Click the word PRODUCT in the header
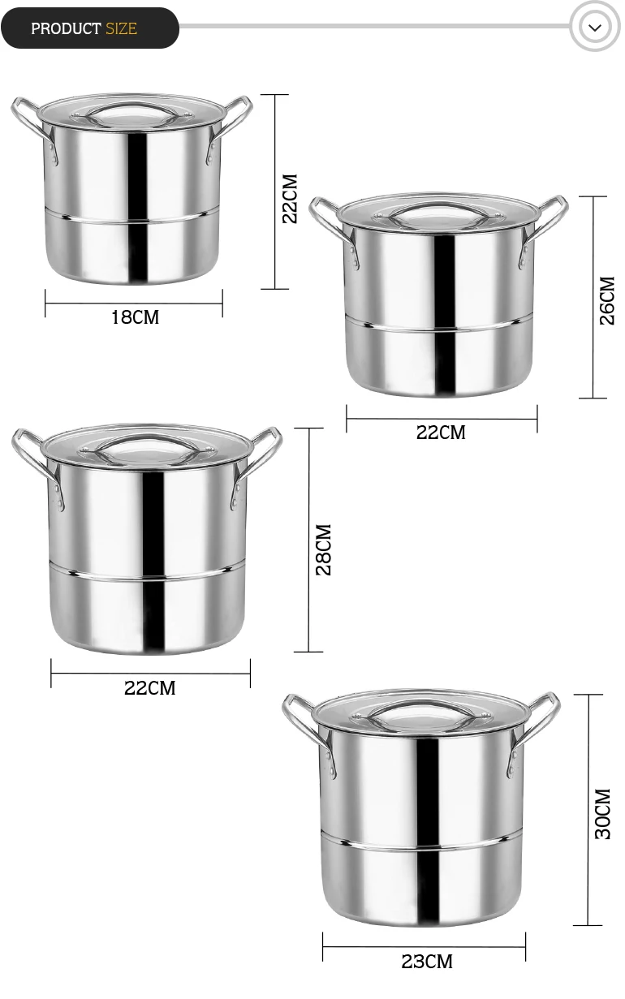66,29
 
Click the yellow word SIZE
121,29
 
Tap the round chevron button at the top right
595,28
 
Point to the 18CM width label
135,317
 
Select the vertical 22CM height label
289,199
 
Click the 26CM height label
607,300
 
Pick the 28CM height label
323,549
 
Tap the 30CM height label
602,814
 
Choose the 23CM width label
427,962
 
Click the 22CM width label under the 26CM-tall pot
441,433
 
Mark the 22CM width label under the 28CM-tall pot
149,688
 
